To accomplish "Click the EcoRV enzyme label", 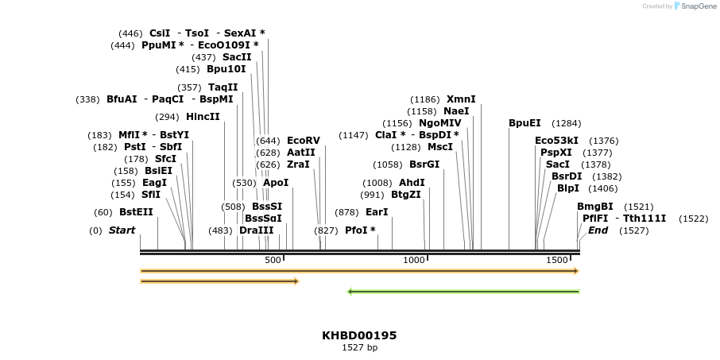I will pos(303,141).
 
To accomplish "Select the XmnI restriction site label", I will pos(461,99).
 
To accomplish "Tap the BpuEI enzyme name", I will pos(525,123).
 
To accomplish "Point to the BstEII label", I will pos(136,212).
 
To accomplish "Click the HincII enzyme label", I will pos(203,117).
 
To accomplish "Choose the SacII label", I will pos(237,57).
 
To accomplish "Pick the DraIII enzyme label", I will pos(256,230).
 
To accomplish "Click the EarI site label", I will pos(377,212).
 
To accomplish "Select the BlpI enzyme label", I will pos(568,188).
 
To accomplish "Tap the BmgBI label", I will pos(595,207).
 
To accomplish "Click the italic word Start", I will pos(122,230).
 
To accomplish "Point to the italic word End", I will pos(598,230).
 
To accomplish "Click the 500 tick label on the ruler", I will pos(273,260).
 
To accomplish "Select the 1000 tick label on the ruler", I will pos(415,260).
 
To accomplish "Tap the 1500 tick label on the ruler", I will pos(556,260).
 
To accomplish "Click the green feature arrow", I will pos(464,292).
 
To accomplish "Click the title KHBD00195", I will pos(359,335).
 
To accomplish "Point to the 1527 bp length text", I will pos(359,347).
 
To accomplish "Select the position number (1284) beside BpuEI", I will pos(567,123).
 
